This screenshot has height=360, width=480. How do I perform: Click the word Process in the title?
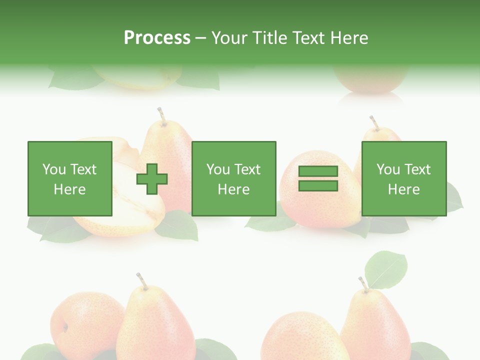tap(157, 38)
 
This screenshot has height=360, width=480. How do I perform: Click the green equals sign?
tap(318, 179)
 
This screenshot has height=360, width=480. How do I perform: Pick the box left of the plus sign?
tap(70, 179)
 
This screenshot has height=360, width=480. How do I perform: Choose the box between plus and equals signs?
tap(233, 179)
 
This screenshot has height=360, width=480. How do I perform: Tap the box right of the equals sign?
tap(403, 179)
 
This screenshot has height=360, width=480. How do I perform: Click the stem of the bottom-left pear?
tap(141, 281)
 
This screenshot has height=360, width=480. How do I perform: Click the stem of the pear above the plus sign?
tap(161, 116)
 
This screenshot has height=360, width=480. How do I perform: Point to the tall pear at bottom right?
tap(377, 325)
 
